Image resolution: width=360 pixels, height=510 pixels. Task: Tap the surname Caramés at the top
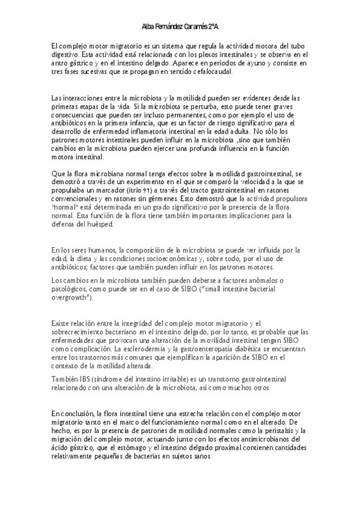click(x=194, y=27)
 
